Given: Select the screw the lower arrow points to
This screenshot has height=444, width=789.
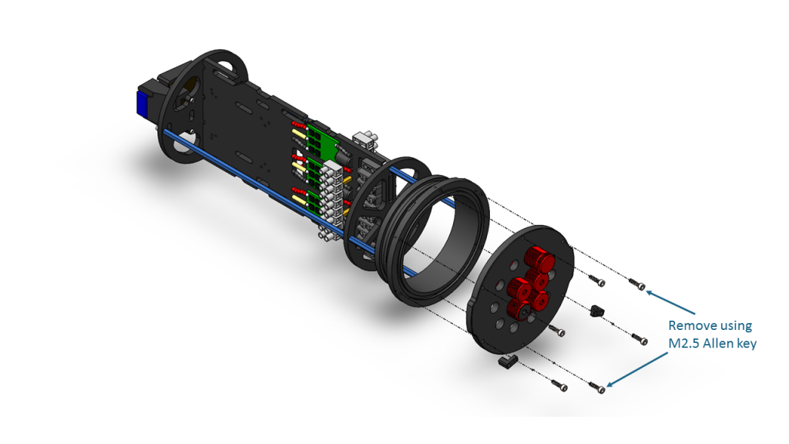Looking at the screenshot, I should [595, 386].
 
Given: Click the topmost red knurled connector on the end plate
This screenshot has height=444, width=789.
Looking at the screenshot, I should [535, 257].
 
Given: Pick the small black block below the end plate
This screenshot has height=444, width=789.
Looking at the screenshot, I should [507, 360].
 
